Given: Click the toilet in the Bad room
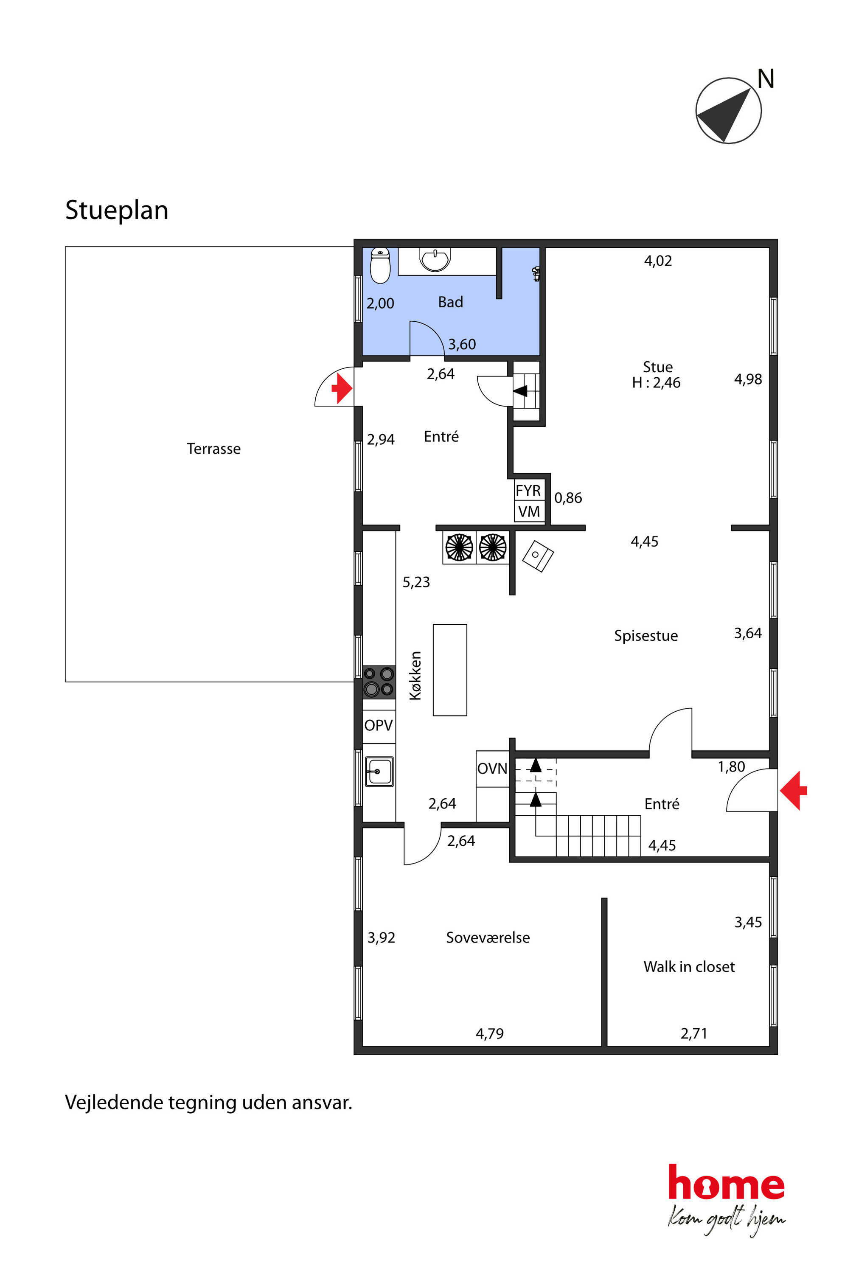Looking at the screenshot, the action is click(x=380, y=265).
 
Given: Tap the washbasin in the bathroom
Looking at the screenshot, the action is click(x=435, y=259).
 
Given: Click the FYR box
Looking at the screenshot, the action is click(x=528, y=490).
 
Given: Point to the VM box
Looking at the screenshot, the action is click(x=528, y=512).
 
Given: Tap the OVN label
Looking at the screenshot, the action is click(x=492, y=769).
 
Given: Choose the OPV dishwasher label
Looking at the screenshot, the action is click(x=379, y=725).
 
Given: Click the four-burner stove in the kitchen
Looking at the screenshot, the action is click(x=379, y=682).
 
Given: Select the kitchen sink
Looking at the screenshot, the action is click(x=379, y=772).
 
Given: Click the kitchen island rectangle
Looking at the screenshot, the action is click(x=450, y=670).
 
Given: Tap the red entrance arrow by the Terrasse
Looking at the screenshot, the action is click(x=342, y=388).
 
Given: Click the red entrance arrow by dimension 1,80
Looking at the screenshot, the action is click(x=794, y=791).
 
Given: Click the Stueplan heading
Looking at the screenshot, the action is click(x=117, y=210).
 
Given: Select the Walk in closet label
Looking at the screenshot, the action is click(x=689, y=967).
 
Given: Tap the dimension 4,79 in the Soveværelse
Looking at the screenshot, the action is click(x=490, y=1034).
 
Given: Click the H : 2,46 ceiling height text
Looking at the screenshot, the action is click(x=656, y=383).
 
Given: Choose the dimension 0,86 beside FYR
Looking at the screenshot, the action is click(x=568, y=498).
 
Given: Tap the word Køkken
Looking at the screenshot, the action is click(x=415, y=676).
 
